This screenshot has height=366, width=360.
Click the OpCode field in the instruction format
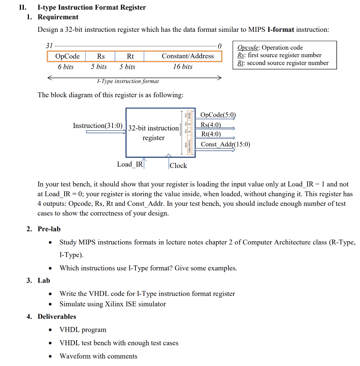(x=68, y=56)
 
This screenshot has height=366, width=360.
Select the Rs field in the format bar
(x=101, y=56)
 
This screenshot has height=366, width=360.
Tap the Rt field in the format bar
(x=130, y=56)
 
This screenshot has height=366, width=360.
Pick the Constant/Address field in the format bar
(x=187, y=56)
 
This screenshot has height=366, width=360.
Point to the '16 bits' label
(x=182, y=67)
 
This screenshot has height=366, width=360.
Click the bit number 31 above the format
(x=49, y=46)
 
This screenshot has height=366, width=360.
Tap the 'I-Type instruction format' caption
(x=128, y=81)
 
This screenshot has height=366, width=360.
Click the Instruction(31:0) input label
(x=98, y=125)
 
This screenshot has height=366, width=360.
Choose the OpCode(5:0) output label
(x=218, y=115)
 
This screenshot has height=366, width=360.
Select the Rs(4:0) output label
(x=211, y=125)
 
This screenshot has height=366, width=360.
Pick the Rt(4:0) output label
(x=211, y=134)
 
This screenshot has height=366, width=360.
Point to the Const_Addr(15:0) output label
(x=225, y=144)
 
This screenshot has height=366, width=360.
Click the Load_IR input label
(x=130, y=164)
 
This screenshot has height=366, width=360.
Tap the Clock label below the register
(x=178, y=165)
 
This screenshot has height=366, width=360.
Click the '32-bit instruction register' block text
(x=153, y=133)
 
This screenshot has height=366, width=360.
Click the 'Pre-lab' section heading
(x=49, y=229)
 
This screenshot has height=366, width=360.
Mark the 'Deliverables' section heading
(x=57, y=317)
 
